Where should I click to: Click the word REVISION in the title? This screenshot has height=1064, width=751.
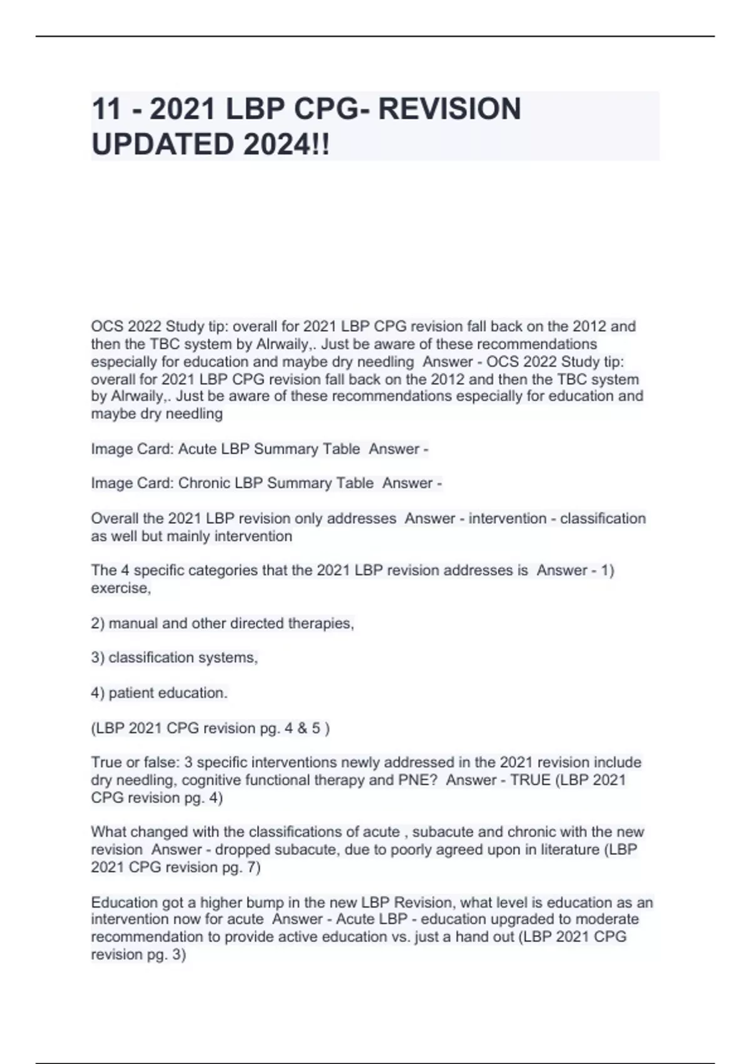coord(449,109)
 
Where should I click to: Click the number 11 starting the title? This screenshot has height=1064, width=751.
coord(106,109)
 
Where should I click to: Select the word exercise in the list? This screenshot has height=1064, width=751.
coord(120,588)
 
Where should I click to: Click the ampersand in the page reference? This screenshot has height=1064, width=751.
coord(303,728)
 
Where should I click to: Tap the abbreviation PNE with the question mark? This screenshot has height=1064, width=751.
coord(418,780)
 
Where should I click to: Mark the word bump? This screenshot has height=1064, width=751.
coord(246,903)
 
